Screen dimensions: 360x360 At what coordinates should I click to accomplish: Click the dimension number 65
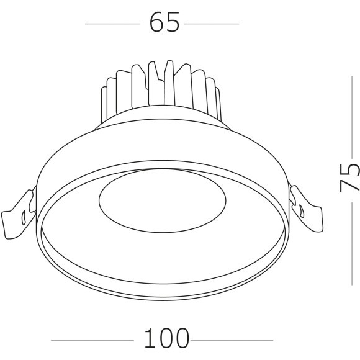click(164, 23)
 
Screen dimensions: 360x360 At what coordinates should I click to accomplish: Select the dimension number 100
click(166, 339)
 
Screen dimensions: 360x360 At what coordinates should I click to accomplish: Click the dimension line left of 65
click(112, 24)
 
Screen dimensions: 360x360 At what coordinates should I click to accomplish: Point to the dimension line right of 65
click(212, 24)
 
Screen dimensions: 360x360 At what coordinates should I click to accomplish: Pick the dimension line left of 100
click(92, 340)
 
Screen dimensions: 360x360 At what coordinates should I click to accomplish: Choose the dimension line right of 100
click(232, 340)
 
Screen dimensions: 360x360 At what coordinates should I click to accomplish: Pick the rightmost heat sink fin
click(217, 102)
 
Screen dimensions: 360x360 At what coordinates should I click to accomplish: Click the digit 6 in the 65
click(156, 23)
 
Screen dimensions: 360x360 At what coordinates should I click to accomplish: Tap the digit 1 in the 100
click(149, 339)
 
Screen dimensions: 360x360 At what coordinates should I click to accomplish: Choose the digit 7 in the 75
click(349, 186)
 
